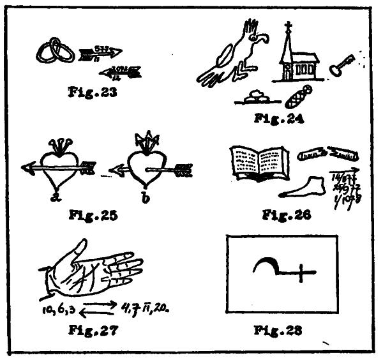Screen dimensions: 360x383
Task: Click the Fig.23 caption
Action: (91, 89)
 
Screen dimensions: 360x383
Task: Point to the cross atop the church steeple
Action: (289, 28)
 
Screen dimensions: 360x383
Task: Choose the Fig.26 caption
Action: (285, 216)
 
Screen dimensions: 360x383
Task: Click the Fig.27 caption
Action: (92, 330)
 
